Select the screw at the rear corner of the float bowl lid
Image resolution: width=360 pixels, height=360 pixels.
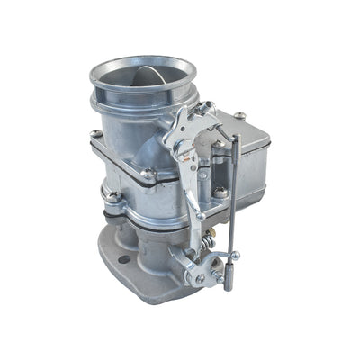(x=239, y=115)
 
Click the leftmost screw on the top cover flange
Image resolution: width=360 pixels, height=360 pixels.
(x=95, y=135)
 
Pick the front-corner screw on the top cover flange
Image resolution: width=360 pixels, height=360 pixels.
(x=149, y=175)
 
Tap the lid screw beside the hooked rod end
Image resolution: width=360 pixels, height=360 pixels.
(x=216, y=145)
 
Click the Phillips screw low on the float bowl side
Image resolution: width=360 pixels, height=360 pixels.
(x=220, y=192)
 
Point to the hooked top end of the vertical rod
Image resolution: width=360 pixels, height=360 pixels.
(x=234, y=139)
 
